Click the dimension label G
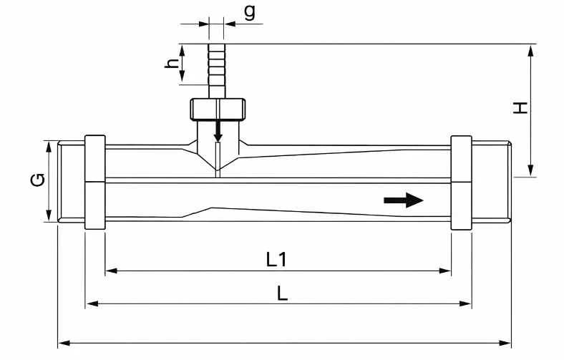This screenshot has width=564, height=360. tap(37, 181)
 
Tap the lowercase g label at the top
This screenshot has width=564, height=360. tap(248, 12)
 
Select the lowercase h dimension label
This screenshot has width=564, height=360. tap(172, 63)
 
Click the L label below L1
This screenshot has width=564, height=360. tap(282, 293)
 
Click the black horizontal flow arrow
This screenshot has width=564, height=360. tap(403, 200)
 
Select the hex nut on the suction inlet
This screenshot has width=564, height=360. tap(218, 109)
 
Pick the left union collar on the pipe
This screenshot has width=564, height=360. tap(95, 182)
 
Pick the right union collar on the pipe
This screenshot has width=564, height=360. tap(461, 182)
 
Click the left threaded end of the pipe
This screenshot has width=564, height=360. tap(70, 182)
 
